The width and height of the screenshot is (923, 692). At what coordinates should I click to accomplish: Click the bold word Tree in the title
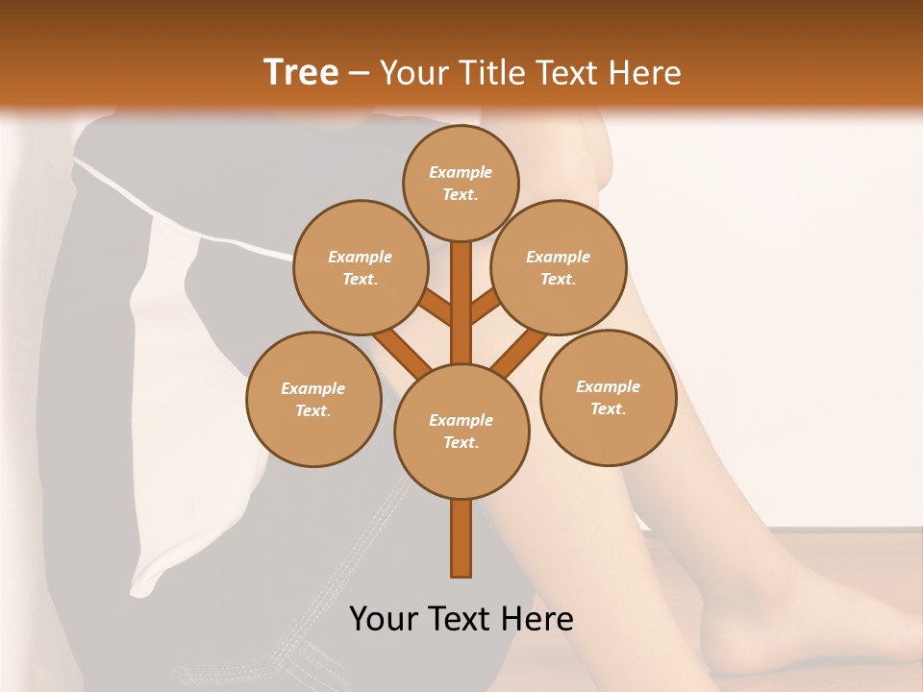301,72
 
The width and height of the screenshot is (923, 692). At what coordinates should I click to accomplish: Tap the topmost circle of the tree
461,183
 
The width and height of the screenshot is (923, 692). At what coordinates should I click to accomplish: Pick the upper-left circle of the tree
361,267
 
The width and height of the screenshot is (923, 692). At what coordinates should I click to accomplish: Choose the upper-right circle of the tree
559,267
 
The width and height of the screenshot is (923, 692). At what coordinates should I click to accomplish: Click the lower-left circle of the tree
313,399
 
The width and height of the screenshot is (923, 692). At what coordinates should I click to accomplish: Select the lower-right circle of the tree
609,397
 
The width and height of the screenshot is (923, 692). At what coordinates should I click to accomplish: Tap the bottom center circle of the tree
461,432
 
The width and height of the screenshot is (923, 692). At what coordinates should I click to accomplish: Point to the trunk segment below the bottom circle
461,538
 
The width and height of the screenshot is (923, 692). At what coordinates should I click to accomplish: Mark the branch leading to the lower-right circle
519,350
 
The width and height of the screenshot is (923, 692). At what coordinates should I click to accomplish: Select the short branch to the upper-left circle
436,308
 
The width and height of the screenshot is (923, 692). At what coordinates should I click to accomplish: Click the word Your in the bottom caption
383,618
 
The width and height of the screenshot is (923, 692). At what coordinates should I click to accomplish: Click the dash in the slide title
359,73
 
